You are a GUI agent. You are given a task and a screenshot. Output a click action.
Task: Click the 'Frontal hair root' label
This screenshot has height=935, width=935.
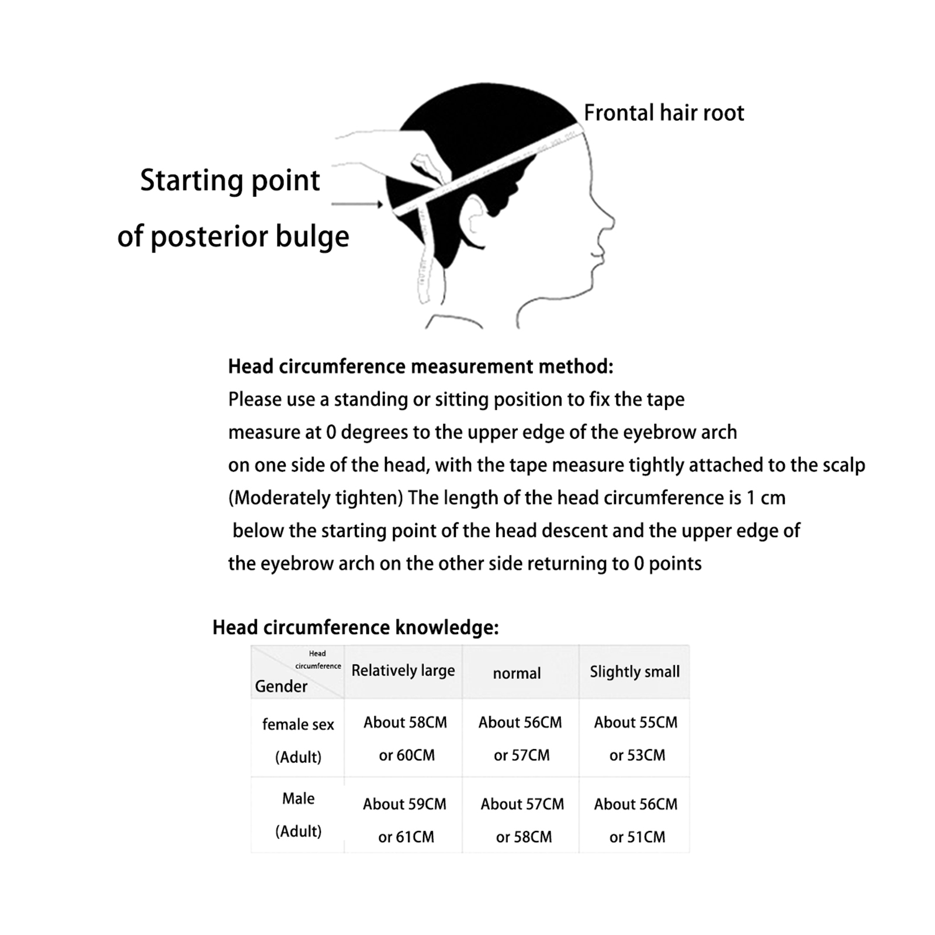tap(664, 113)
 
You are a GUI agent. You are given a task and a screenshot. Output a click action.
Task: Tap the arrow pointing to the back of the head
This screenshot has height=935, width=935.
tap(357, 204)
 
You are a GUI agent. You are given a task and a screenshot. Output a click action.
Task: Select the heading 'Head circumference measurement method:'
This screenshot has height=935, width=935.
tap(420, 366)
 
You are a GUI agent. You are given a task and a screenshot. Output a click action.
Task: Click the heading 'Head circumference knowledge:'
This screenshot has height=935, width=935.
tap(355, 627)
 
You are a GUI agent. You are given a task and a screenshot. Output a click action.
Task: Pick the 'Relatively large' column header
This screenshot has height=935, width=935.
tap(403, 671)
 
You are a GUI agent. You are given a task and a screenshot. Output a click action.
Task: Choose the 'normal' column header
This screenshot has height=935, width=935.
tap(517, 673)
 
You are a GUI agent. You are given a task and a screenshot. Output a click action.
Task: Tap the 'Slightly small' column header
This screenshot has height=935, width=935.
tap(635, 671)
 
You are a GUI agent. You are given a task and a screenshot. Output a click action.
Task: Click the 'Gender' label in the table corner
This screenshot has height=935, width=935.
tap(280, 686)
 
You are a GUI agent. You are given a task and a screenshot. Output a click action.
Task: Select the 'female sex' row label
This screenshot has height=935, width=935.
tap(298, 725)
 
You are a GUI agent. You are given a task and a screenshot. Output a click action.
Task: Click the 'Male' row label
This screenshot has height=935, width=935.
tap(298, 798)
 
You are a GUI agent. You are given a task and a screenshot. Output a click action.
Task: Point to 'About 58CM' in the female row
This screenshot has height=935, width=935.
tap(405, 722)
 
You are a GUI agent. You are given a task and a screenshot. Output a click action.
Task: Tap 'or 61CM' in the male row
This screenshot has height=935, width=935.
tap(406, 837)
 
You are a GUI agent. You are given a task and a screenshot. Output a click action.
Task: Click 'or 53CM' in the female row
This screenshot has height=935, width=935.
tap(637, 755)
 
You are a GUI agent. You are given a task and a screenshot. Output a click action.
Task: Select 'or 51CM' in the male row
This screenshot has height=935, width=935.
tap(637, 837)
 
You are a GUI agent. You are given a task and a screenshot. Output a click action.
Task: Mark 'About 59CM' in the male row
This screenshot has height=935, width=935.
tap(404, 804)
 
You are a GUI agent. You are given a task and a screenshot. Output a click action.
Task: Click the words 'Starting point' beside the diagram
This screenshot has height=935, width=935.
tap(230, 180)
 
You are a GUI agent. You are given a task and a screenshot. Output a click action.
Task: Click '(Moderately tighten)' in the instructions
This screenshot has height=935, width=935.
tap(316, 498)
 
